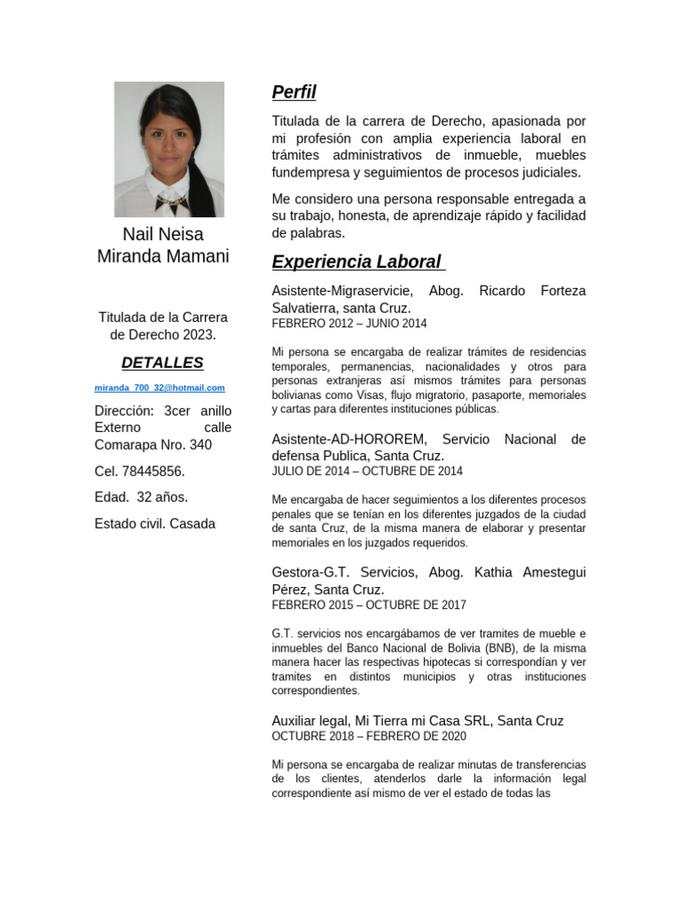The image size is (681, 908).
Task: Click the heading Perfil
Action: coord(294,92)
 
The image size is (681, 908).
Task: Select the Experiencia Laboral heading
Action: coord(356,262)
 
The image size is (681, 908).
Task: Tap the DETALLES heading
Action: coord(162,363)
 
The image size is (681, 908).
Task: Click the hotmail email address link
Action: coord(160,387)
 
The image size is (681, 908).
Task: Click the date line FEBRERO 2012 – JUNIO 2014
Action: coord(348,324)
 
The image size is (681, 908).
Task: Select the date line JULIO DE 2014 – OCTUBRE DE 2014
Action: coord(366,471)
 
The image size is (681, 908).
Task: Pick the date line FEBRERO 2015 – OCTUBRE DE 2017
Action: coord(368,605)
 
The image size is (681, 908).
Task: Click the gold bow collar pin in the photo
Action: coord(171,203)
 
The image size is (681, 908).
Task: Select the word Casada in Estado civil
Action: coord(192,523)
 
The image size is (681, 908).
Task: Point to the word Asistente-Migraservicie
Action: coord(341,291)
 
